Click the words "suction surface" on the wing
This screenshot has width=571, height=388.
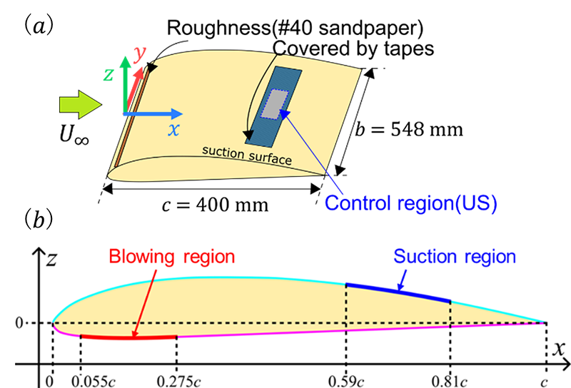click(247, 154)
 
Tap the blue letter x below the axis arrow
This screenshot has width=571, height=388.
click(172, 129)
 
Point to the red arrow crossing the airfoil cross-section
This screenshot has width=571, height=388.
click(143, 300)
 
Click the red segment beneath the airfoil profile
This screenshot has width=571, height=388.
click(128, 343)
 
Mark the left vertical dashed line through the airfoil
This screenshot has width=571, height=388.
click(346, 300)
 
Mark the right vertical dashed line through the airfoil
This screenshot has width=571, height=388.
click(450, 303)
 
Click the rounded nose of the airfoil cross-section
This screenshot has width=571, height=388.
click(56, 317)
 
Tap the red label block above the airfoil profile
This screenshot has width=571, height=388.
click(168, 250)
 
